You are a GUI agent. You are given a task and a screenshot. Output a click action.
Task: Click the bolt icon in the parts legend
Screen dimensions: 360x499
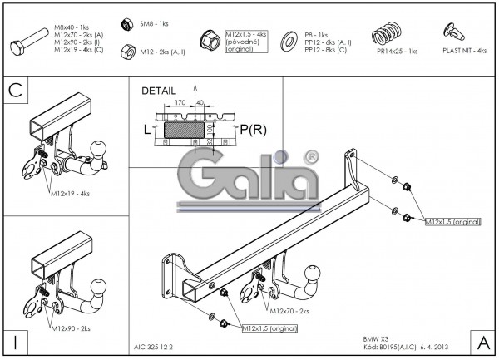click(x=30, y=38)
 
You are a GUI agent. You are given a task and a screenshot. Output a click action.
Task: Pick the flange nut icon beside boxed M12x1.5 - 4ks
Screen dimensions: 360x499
click(x=210, y=38)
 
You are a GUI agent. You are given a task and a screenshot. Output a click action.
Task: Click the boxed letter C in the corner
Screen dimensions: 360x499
click(x=15, y=91)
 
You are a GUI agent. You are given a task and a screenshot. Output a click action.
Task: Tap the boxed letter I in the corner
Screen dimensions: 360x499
click(x=15, y=342)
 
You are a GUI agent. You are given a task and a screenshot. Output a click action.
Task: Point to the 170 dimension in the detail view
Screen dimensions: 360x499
click(x=180, y=104)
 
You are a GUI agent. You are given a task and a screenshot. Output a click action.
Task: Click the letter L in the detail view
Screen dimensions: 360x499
click(x=146, y=129)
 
